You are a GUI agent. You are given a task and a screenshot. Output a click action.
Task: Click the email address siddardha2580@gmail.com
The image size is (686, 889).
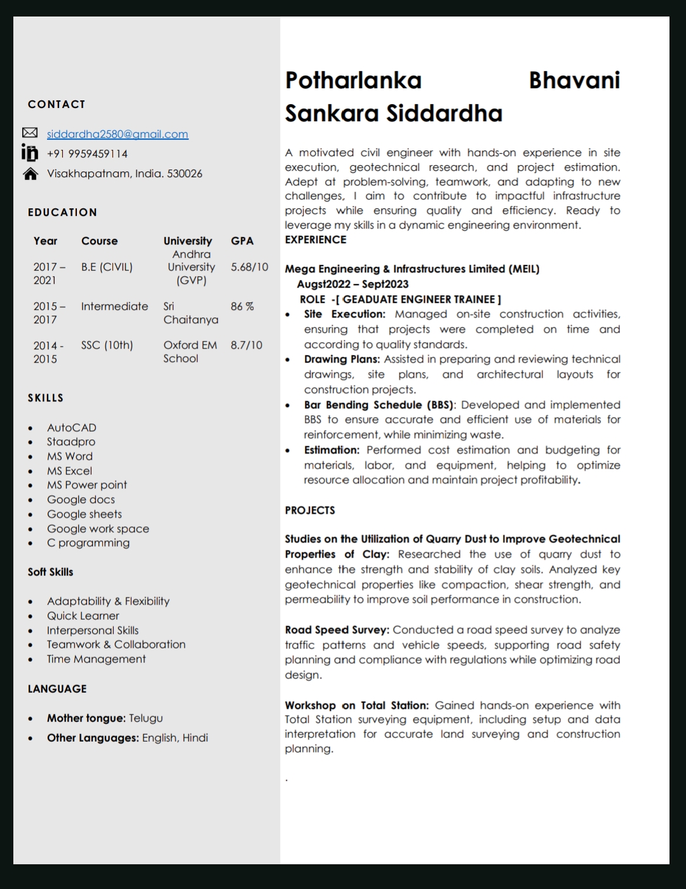pyautogui.click(x=118, y=134)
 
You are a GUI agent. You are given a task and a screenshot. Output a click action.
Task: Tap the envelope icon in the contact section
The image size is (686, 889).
pyautogui.click(x=30, y=133)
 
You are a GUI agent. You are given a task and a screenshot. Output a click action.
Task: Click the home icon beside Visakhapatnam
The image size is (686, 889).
pyautogui.click(x=30, y=173)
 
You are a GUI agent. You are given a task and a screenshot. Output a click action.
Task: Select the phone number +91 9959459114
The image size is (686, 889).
pyautogui.click(x=87, y=154)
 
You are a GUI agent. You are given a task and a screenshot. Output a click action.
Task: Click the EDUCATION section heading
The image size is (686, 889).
pyautogui.click(x=62, y=212)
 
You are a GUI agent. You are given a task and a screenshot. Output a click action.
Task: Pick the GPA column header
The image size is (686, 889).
pyautogui.click(x=242, y=241)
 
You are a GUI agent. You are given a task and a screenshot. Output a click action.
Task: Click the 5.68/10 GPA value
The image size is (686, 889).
pyautogui.click(x=249, y=267)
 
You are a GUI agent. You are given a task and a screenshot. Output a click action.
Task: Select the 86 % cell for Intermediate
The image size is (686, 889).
pyautogui.click(x=242, y=306)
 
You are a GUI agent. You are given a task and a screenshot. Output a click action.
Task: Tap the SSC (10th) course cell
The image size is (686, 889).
pyautogui.click(x=107, y=345)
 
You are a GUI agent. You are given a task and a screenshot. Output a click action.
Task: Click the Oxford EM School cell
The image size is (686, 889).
pyautogui.click(x=189, y=351)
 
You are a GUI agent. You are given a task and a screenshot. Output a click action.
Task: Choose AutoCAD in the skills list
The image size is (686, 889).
pyautogui.click(x=72, y=427)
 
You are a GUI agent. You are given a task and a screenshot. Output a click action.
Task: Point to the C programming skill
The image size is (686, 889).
pyautogui.click(x=88, y=542)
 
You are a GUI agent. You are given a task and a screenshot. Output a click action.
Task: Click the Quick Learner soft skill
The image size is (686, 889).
pyautogui.click(x=83, y=615)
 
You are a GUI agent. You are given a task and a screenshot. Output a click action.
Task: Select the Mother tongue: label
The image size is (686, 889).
pyautogui.click(x=86, y=718)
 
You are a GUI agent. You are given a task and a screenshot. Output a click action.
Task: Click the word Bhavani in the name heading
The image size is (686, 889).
pyautogui.click(x=574, y=81)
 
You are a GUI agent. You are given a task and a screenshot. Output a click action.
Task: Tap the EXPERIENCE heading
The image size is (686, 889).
pyautogui.click(x=316, y=239)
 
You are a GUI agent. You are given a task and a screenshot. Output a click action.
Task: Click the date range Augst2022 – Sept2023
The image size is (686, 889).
pyautogui.click(x=353, y=284)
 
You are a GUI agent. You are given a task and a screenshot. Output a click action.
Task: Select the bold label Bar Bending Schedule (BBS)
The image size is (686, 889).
pyautogui.click(x=379, y=404)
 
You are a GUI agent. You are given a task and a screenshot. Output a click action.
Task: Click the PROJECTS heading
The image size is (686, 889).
pyautogui.click(x=310, y=510)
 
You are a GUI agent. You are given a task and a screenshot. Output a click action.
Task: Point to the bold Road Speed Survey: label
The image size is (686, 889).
pyautogui.click(x=337, y=630)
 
